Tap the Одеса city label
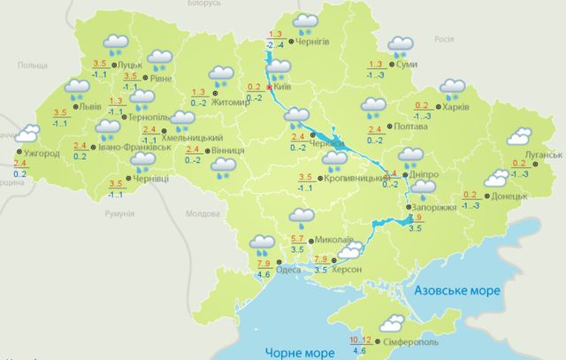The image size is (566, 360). [x=288, y=272]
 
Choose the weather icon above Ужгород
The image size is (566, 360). [x=27, y=135]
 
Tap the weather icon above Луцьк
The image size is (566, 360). [x=115, y=42]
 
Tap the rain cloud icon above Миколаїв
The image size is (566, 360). [x=303, y=217]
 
